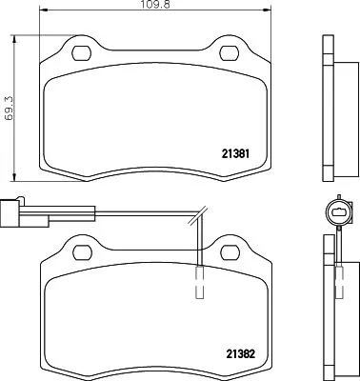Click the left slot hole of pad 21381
point(81,51)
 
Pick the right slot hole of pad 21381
point(230,51)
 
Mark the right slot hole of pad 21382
point(230,251)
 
